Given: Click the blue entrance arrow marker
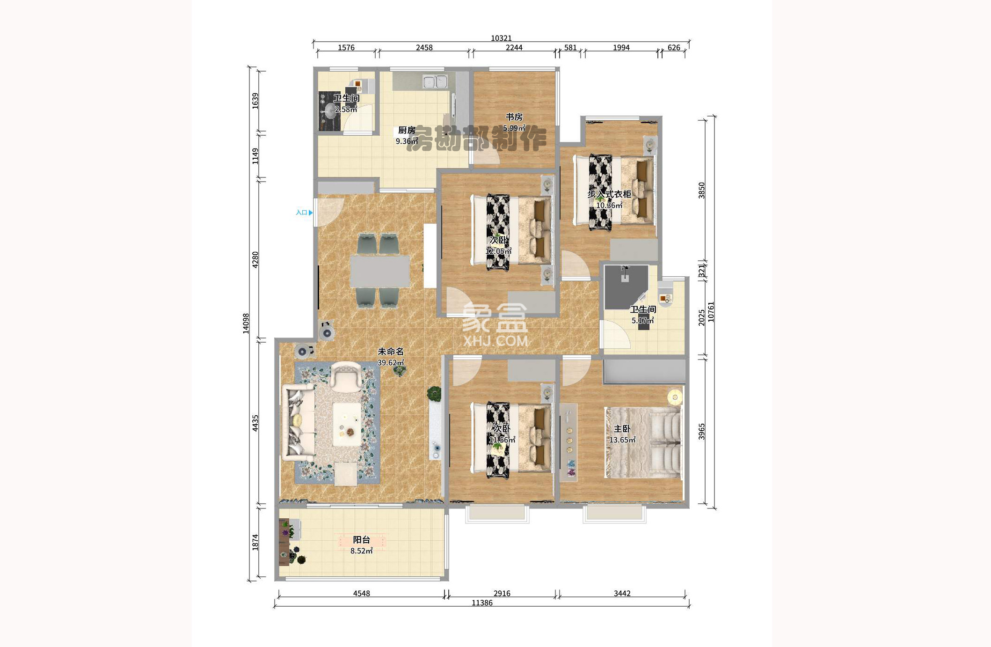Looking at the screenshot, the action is (x=311, y=213).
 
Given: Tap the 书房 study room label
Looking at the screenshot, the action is (x=514, y=117).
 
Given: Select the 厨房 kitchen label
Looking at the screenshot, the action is (x=407, y=130).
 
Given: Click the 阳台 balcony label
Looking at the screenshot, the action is (x=362, y=540).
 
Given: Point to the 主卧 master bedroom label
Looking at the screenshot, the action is (x=622, y=429).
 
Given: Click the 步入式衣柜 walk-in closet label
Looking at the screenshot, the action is (x=609, y=194).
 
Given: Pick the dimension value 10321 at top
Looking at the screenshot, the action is (x=501, y=38).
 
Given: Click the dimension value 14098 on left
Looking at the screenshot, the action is (x=246, y=323).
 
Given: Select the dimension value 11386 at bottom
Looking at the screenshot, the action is (x=482, y=603).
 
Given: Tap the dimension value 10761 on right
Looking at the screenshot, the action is (x=711, y=311).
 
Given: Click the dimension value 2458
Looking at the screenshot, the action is (x=424, y=47).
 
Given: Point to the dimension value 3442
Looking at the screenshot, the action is (x=622, y=593).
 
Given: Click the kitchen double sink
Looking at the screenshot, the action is (x=435, y=82).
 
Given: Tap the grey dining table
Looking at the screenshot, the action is (x=380, y=271).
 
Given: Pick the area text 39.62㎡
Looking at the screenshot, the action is (x=391, y=362).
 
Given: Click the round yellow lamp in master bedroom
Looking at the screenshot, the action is (x=675, y=397).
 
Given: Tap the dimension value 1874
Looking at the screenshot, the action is (x=255, y=542).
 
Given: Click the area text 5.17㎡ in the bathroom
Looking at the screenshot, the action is (x=643, y=321).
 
